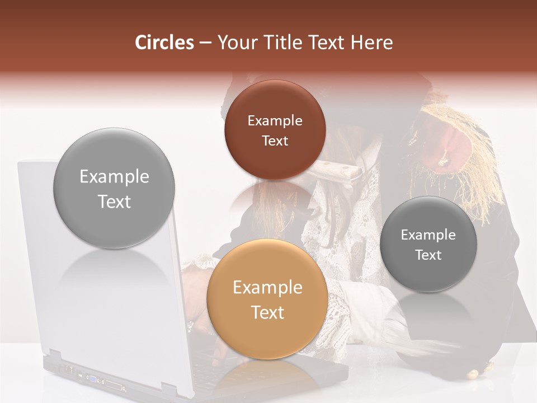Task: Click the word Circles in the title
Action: point(164,43)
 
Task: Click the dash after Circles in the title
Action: point(205,43)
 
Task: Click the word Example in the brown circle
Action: point(275,121)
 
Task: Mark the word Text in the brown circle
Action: point(275,141)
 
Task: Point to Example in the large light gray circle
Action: point(114,177)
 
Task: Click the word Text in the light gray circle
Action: point(114,201)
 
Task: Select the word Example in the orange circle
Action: point(267,288)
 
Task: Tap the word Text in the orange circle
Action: point(267,312)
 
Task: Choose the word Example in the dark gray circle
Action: point(428,235)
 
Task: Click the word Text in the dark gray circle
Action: point(428,255)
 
